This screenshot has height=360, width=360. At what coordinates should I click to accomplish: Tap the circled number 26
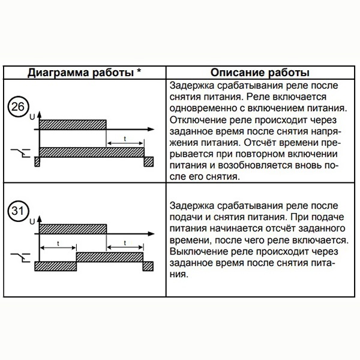[x=18, y=108]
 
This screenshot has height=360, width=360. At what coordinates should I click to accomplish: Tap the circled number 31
[x=18, y=212]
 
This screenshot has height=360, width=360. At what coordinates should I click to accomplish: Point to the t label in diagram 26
[x=125, y=139]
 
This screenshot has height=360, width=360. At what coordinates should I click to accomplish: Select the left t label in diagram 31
[x=58, y=243]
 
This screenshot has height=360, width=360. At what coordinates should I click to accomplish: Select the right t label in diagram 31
[x=125, y=243]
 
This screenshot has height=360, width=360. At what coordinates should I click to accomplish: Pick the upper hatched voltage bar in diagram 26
[x=73, y=124]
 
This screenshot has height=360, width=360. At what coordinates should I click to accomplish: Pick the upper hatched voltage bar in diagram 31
[x=73, y=229]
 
